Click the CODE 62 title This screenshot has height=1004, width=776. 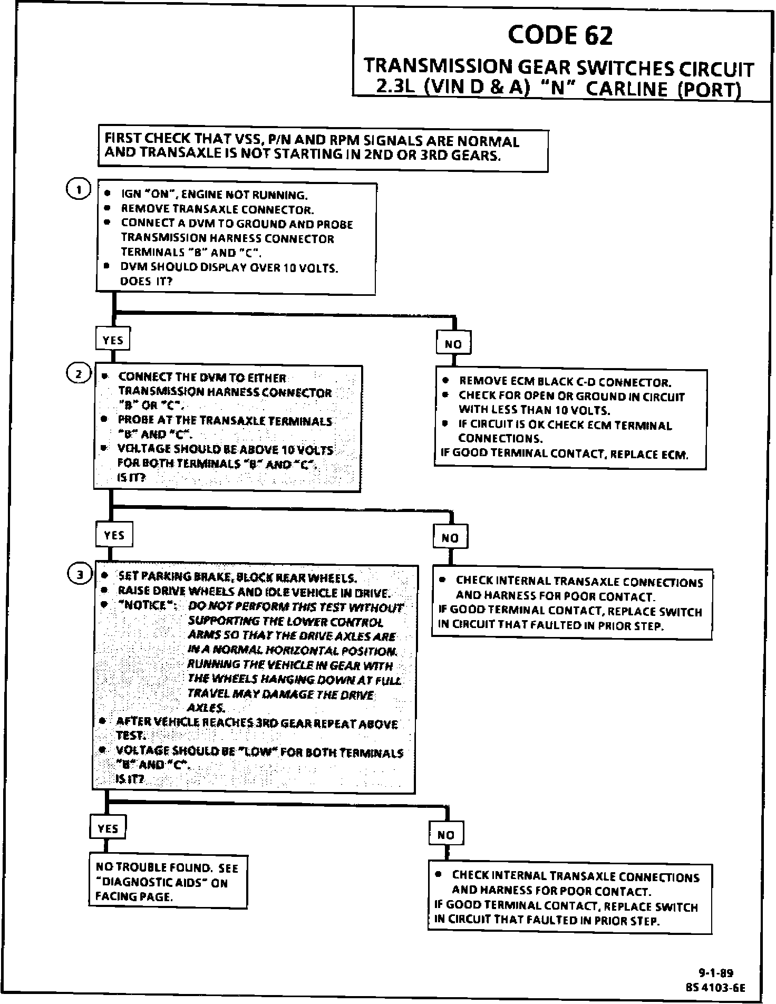click(x=560, y=36)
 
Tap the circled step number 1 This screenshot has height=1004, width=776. click(x=78, y=190)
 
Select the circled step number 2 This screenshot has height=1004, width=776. click(x=78, y=374)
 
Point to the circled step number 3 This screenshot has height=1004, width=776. click(x=79, y=575)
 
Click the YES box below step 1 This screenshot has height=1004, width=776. click(x=113, y=340)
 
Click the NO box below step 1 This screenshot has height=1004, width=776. click(x=453, y=344)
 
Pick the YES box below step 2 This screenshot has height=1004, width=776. click(x=114, y=535)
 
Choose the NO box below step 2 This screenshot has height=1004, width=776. click(x=450, y=538)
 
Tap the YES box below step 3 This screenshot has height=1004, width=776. click(x=108, y=828)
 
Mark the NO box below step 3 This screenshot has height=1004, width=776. click(x=446, y=835)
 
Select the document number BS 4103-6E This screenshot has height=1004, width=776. click(x=715, y=987)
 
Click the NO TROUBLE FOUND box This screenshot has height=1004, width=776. click(x=168, y=882)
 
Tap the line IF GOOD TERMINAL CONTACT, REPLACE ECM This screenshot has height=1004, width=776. click(x=565, y=453)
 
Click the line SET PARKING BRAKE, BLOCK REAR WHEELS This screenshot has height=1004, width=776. click(x=237, y=576)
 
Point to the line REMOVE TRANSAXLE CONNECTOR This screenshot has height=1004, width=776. click(x=217, y=209)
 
